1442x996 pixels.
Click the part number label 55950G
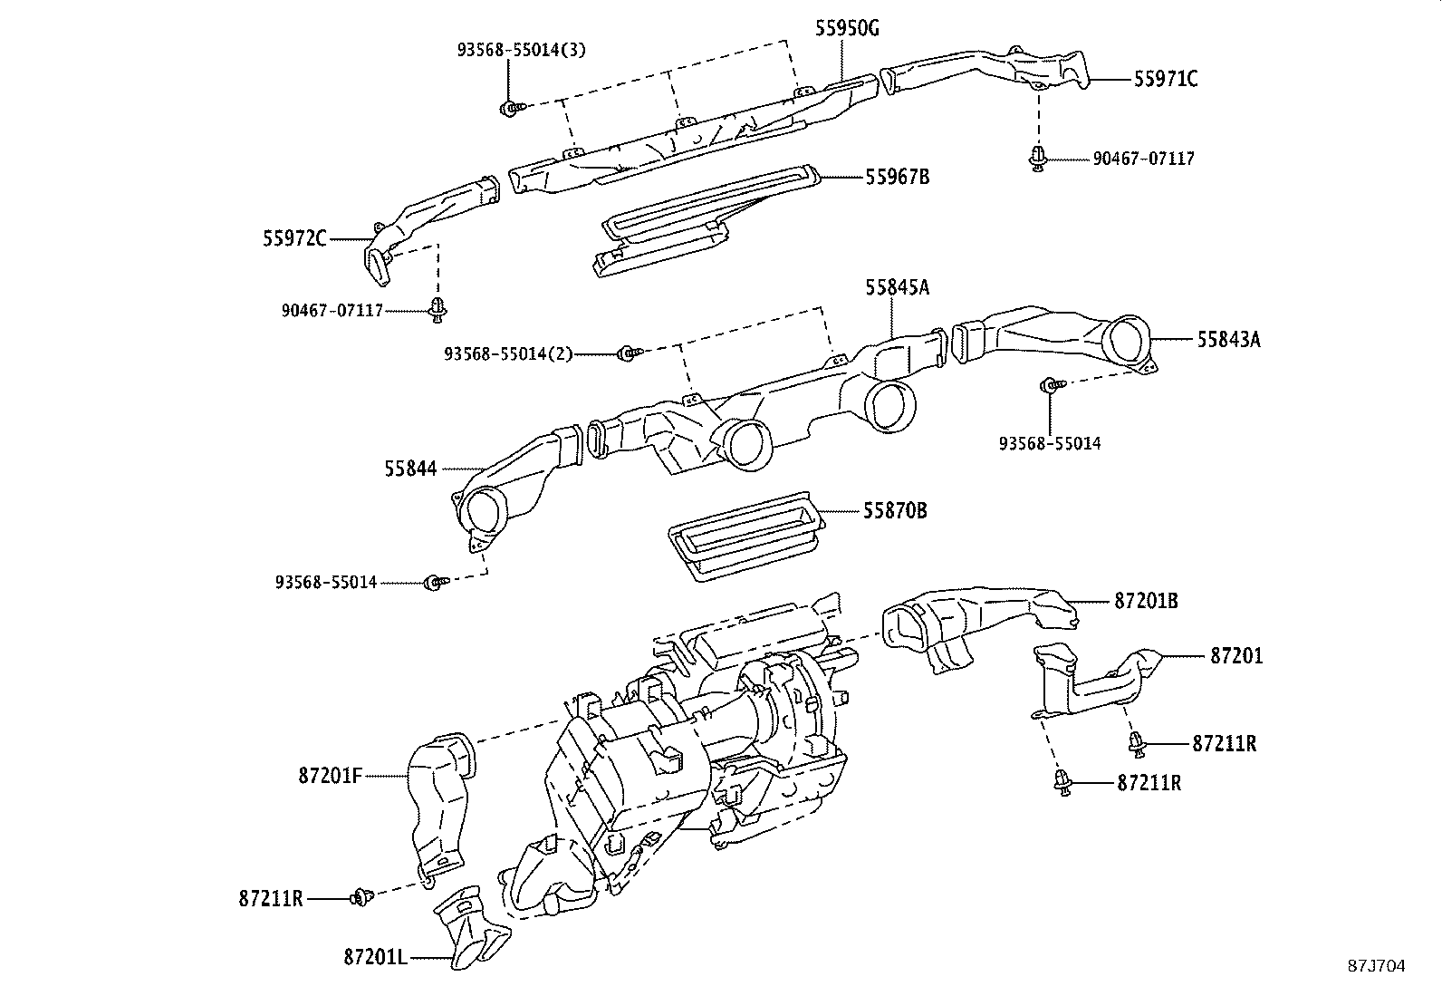point(847,28)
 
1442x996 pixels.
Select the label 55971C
point(1166,80)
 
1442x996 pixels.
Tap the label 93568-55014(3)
point(520,50)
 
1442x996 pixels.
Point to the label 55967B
point(897,177)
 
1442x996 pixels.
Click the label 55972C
point(294,239)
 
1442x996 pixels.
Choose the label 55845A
point(897,287)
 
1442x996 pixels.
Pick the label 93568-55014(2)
point(508,353)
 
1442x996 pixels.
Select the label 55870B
point(894,511)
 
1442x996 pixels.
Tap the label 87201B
point(1146,600)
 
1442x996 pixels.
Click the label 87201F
point(330,776)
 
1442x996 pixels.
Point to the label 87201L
point(375,955)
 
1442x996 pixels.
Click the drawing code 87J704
point(1374,966)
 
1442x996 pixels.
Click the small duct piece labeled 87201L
point(471,924)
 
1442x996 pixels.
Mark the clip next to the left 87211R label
point(363,898)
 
